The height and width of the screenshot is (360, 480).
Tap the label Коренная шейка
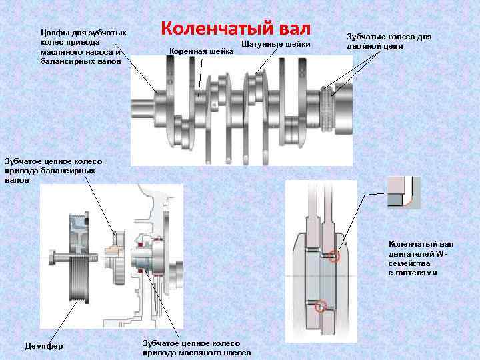click(x=202, y=51)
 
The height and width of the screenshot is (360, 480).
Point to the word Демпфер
click(x=43, y=346)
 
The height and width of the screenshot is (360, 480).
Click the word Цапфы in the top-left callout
click(x=54, y=32)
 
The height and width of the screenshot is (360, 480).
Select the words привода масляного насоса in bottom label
click(x=197, y=352)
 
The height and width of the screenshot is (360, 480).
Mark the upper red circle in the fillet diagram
click(x=334, y=255)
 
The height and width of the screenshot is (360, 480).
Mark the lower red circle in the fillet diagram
click(x=321, y=307)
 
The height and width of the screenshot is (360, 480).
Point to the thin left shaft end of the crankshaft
click(x=143, y=107)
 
